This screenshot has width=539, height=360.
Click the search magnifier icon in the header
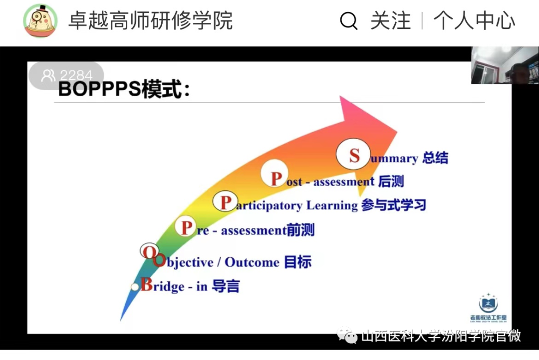349,21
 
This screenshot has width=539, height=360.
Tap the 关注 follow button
390,21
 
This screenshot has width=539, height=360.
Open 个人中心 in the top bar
474,21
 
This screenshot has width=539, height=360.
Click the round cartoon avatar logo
40,21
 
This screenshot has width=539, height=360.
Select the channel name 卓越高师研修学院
150,21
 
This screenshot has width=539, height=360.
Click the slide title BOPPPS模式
124,90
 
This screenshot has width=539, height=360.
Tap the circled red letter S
354,156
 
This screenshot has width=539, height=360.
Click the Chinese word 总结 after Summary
435,158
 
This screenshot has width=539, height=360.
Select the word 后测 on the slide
391,181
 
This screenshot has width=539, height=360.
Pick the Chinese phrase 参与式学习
393,205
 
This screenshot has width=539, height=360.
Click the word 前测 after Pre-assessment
300,230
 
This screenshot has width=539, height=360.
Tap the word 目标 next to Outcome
297,262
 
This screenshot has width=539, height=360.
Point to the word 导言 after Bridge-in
226,286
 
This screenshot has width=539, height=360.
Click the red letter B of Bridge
147,285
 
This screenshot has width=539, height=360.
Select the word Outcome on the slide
252,262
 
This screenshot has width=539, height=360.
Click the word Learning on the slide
332,205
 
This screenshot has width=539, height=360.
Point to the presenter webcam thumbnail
505,65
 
